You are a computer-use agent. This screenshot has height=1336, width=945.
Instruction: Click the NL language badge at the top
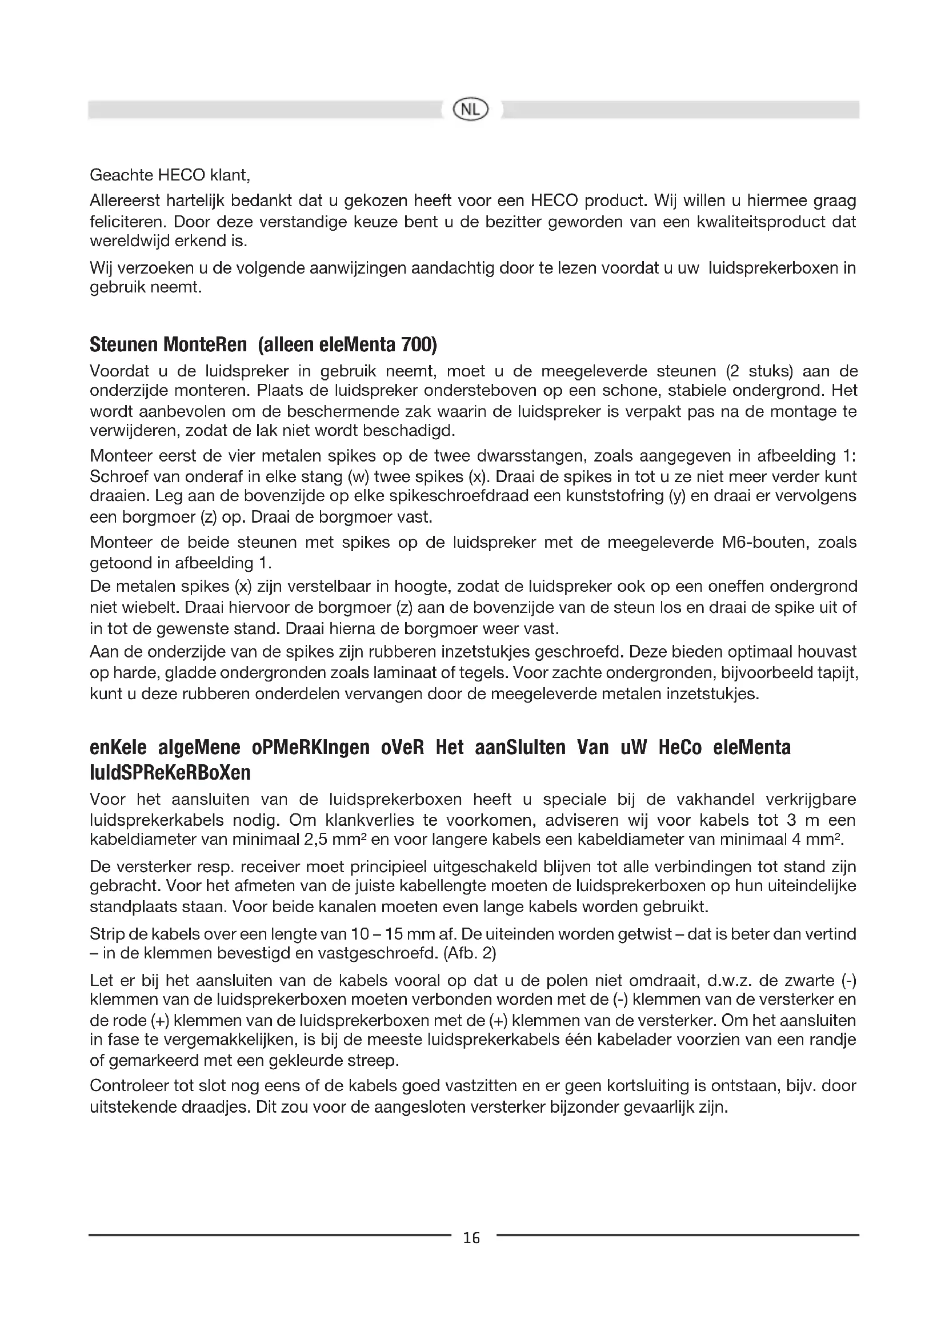[x=471, y=109]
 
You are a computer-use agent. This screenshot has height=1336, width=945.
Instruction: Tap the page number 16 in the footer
[x=471, y=1238]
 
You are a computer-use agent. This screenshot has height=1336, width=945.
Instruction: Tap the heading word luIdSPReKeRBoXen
[x=170, y=772]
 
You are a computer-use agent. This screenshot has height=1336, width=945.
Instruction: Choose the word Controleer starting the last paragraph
[x=127, y=1086]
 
